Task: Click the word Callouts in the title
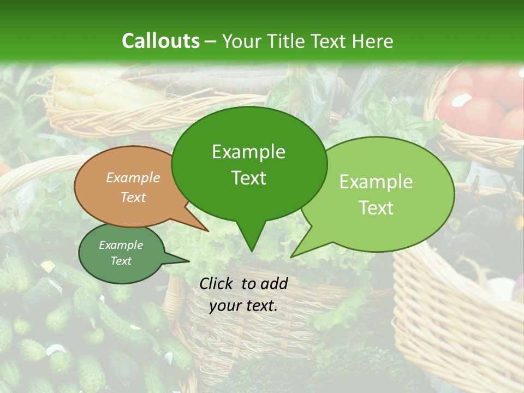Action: pyautogui.click(x=160, y=41)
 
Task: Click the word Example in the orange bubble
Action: pyautogui.click(x=133, y=178)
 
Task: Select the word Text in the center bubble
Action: pyautogui.click(x=249, y=178)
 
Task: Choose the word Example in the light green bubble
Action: pyautogui.click(x=376, y=182)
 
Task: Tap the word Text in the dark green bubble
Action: pyautogui.click(x=121, y=261)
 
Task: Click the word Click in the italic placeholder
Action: pyautogui.click(x=218, y=283)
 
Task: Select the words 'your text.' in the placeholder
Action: pyautogui.click(x=243, y=306)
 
